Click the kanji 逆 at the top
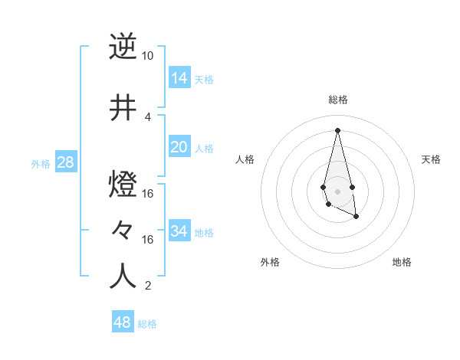click(123, 47)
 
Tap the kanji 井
click(123, 109)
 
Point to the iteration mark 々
click(123, 230)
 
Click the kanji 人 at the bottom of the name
click(123, 277)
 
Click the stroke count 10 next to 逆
click(147, 56)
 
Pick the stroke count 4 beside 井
click(147, 116)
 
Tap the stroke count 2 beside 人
click(147, 286)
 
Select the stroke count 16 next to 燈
click(147, 194)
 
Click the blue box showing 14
click(179, 77)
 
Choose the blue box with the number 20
click(179, 147)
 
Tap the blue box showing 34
click(179, 231)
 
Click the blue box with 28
click(65, 162)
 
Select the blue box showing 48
click(123, 322)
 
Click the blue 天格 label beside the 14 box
click(204, 79)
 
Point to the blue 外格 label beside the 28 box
click(41, 163)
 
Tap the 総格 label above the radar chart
click(337, 100)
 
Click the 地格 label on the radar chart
click(402, 262)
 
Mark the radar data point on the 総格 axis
click(337, 130)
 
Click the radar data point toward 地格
click(356, 217)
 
